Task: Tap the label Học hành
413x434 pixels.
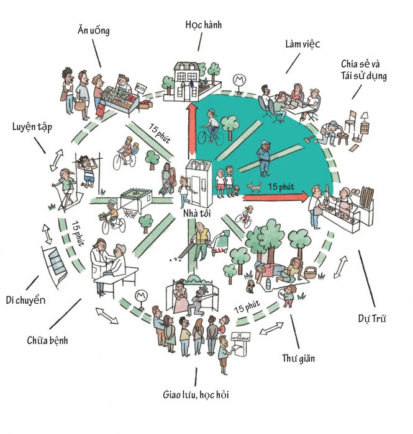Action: (x=204, y=25)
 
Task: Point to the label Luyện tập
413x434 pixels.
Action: (x=32, y=127)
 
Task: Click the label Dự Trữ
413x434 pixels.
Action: (x=372, y=319)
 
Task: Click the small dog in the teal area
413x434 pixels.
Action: (x=252, y=186)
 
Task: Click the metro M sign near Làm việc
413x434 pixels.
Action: (x=237, y=80)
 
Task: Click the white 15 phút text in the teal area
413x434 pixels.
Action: (x=281, y=185)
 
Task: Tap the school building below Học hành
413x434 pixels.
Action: (x=191, y=81)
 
